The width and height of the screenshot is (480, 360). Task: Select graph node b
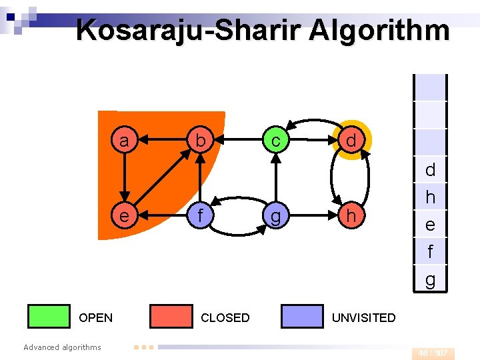[199, 141]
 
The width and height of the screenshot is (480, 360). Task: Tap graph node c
[275, 141]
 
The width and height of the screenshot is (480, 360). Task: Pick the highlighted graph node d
[351, 141]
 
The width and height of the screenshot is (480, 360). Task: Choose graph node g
[275, 216]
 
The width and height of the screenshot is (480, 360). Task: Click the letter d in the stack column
[430, 169]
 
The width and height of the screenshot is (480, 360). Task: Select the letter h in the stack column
[430, 197]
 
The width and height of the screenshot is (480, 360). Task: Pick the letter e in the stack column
[430, 225]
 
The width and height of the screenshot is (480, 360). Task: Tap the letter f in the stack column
[430, 252]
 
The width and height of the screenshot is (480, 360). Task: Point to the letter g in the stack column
[430, 279]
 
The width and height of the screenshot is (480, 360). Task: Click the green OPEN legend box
[49, 317]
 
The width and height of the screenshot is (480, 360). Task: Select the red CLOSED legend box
[171, 317]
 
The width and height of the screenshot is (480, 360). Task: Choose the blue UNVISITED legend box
[302, 317]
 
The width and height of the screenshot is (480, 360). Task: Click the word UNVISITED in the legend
[363, 318]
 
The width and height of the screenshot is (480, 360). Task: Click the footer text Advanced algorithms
[62, 347]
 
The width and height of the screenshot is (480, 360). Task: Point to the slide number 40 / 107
[433, 353]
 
